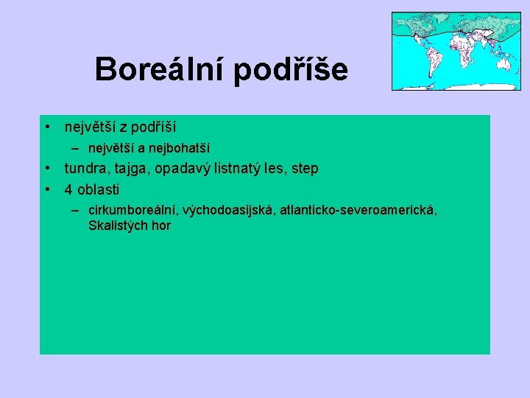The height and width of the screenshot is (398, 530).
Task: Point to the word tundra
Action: pyautogui.click(x=87, y=169)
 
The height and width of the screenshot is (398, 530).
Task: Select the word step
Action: pyautogui.click(x=305, y=169)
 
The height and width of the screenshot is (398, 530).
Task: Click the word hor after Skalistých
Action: pyautogui.click(x=161, y=226)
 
